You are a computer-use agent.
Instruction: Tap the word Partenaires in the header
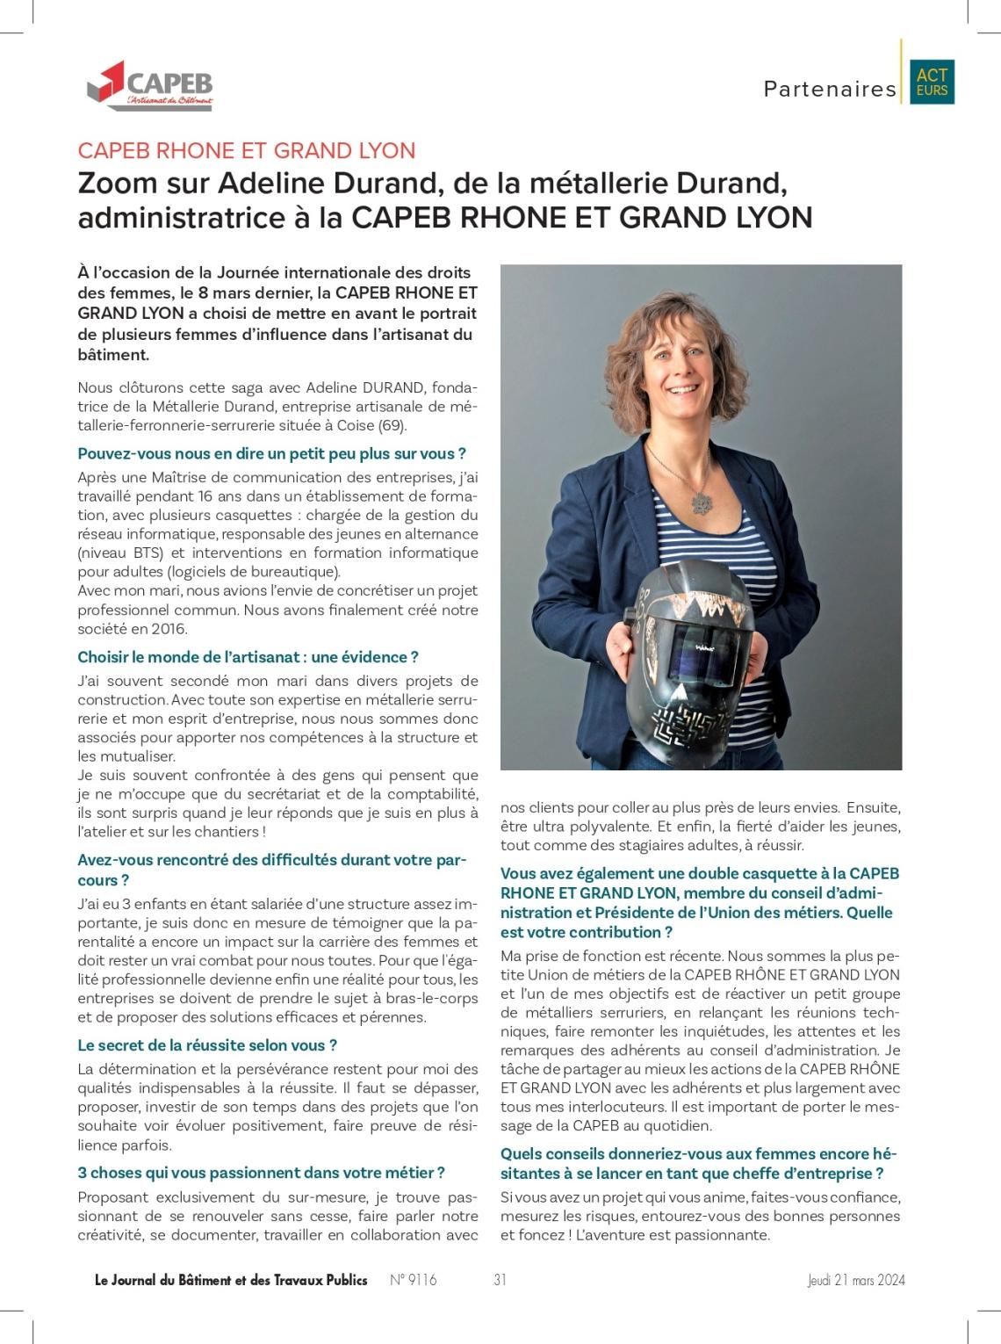(830, 89)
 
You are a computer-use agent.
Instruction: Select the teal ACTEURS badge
(932, 83)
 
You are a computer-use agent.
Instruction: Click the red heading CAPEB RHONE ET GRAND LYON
(247, 151)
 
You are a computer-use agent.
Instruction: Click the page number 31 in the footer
(500, 1280)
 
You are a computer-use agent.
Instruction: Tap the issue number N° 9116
(413, 1280)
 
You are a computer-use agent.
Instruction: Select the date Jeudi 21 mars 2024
(856, 1280)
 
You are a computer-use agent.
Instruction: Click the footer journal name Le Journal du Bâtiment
(231, 1280)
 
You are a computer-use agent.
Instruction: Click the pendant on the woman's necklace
(701, 502)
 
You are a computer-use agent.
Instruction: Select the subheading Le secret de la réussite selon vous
(207, 1045)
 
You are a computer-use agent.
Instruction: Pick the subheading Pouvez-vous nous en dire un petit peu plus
(271, 454)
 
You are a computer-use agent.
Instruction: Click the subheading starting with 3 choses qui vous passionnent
(261, 1173)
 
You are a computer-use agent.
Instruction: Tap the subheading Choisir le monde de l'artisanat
(248, 657)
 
